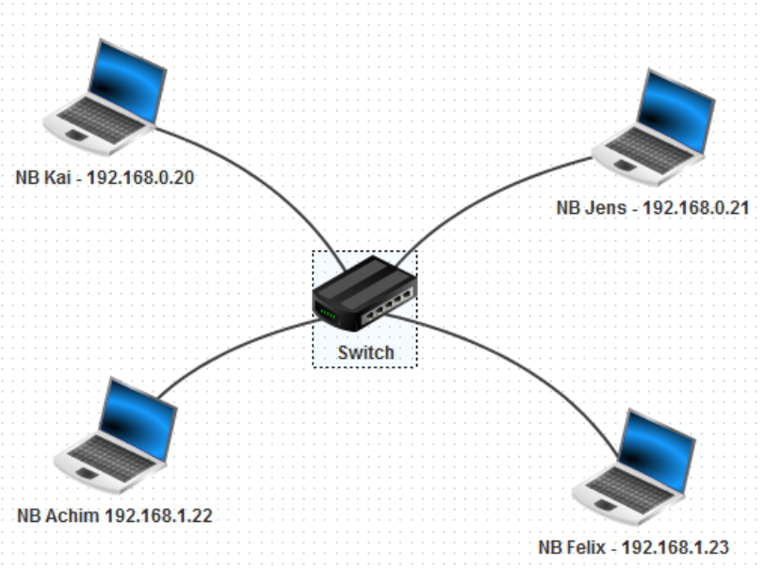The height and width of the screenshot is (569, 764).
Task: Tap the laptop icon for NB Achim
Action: click(119, 434)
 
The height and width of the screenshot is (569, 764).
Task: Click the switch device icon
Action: click(365, 291)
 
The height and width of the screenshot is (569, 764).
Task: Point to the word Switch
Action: click(365, 353)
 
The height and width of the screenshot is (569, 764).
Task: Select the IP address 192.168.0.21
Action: click(695, 208)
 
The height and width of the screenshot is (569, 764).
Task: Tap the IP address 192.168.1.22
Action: click(164, 515)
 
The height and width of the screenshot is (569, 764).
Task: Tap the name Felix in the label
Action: click(588, 547)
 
